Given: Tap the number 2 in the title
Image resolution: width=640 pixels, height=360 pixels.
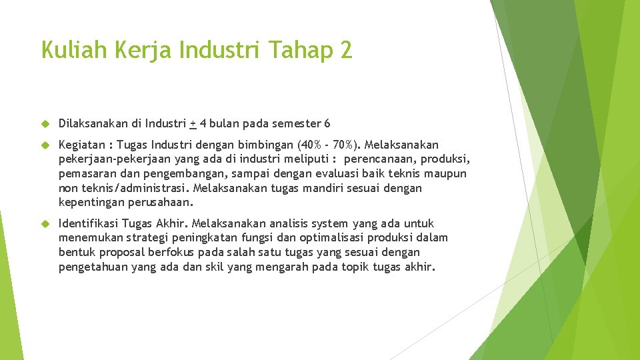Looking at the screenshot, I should (x=346, y=50).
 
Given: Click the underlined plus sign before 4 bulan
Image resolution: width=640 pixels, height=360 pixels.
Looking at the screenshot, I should (x=193, y=124).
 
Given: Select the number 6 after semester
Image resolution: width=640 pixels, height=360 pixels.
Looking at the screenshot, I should (x=327, y=124).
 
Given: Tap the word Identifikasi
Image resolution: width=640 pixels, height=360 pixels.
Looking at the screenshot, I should (x=88, y=224).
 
